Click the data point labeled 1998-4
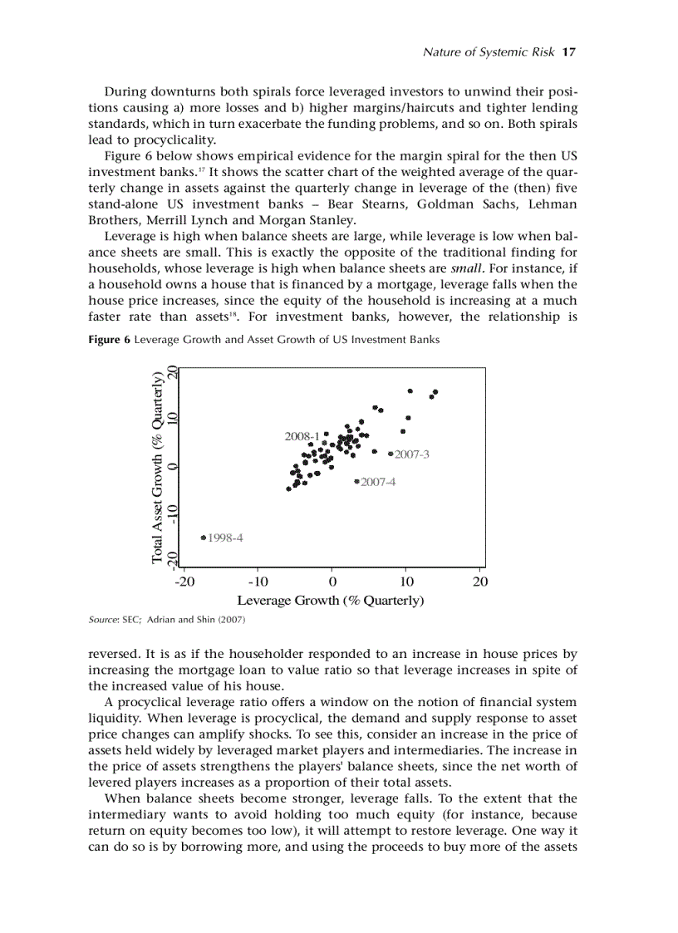coord(204,538)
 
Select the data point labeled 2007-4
coord(356,481)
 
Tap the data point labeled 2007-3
coord(391,454)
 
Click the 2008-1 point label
coord(302,435)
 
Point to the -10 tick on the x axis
coord(258,581)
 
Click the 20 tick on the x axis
coord(480,581)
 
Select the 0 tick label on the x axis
coord(332,581)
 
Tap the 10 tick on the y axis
coord(172,418)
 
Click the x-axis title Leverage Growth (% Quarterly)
coord(331,600)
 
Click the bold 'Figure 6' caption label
coord(110,340)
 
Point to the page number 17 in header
coord(569,52)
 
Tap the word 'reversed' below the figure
coord(113,654)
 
